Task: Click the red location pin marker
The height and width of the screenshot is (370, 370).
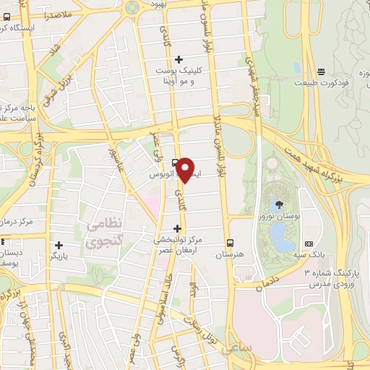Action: pyautogui.click(x=186, y=169)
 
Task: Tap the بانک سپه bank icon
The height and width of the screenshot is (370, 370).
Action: pyautogui.click(x=309, y=244)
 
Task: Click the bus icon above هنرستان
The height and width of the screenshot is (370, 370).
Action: pyautogui.click(x=230, y=242)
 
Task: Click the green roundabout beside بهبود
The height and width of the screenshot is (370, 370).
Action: pyautogui.click(x=132, y=7)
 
